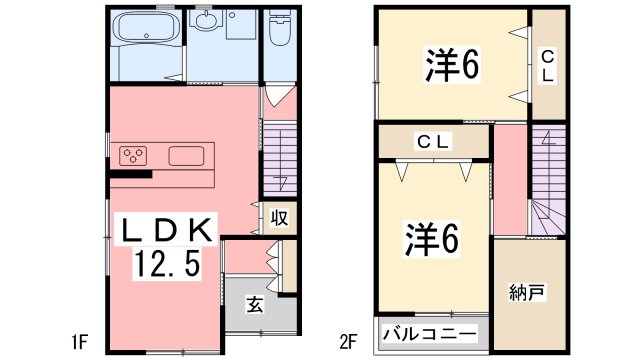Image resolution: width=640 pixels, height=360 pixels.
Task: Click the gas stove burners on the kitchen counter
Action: coord(134,155)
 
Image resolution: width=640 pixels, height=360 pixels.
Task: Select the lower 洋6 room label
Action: coord(431,238)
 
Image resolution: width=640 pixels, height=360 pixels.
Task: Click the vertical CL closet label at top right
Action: coord(548,66)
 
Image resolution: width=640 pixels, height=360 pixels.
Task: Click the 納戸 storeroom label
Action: coord(526,293)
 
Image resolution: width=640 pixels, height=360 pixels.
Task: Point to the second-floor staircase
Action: coord(547,185)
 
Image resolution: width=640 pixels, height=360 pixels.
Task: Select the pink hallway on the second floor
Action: coord(509,180)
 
